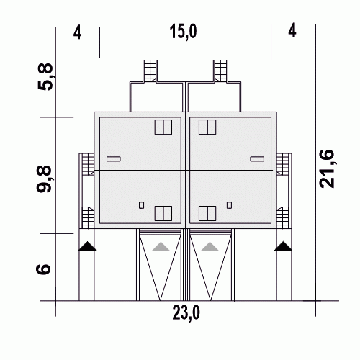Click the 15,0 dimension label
pyautogui.click(x=183, y=32)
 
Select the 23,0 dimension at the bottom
pyautogui.click(x=186, y=313)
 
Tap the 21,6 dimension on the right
pyautogui.click(x=327, y=168)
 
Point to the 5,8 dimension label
pyautogui.click(x=45, y=77)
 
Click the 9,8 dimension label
pyautogui.click(x=44, y=179)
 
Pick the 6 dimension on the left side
pyautogui.click(x=43, y=269)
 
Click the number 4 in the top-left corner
pyautogui.click(x=77, y=32)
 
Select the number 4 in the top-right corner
pyautogui.click(x=292, y=30)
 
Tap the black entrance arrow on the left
pyautogui.click(x=87, y=246)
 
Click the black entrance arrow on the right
pyautogui.click(x=284, y=246)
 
